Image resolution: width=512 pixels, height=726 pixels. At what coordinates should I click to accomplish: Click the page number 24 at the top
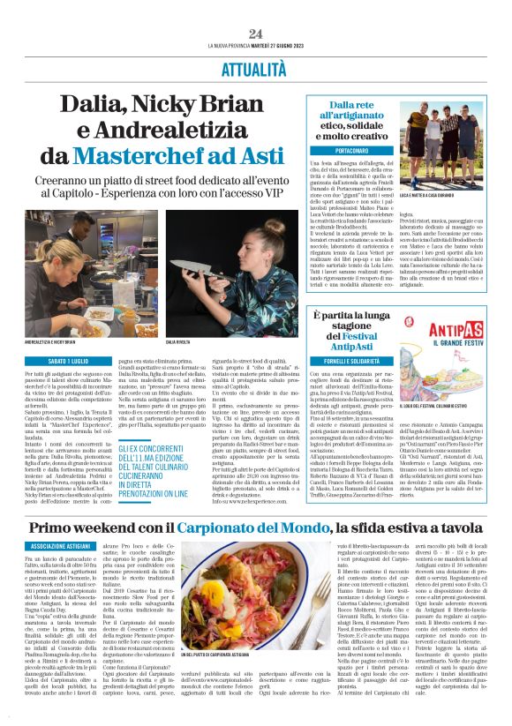tap(256, 34)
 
